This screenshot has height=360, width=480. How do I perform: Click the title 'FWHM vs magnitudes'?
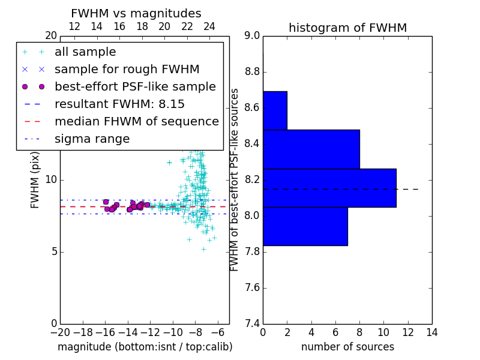pos(136,14)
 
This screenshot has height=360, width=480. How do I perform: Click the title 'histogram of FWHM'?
pos(348,28)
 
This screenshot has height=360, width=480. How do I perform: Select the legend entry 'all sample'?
pos(85,52)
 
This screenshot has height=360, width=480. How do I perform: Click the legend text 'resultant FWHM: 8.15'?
pos(119,104)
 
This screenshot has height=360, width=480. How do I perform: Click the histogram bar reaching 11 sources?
pos(329,188)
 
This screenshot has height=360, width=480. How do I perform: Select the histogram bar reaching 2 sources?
pos(275,110)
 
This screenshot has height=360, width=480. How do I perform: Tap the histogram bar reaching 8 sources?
pos(311,149)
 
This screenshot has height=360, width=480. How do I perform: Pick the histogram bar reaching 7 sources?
pos(305,227)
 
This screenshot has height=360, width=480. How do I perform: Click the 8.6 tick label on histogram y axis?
pos(252,108)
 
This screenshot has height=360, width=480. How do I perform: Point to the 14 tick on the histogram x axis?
pos(432,332)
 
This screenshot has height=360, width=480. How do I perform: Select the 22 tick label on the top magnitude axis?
pos(187,26)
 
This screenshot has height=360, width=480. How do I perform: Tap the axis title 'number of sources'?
pos(348,347)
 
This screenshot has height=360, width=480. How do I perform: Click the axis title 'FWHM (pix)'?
pos(35,181)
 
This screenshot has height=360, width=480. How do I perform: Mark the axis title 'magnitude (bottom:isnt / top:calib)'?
pos(145,347)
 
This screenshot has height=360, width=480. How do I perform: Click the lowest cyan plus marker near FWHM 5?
pos(203,250)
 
